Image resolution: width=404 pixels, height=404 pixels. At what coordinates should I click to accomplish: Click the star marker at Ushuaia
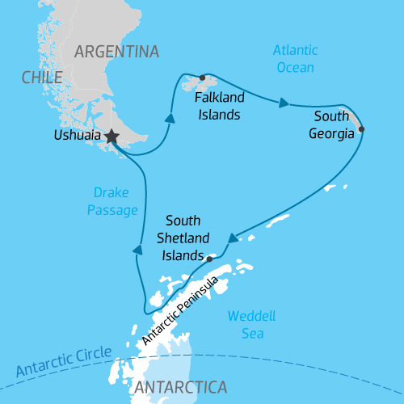(111, 137)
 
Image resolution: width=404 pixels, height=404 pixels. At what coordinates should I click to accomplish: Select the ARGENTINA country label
(116, 52)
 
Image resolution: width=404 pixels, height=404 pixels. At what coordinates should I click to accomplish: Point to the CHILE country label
(41, 78)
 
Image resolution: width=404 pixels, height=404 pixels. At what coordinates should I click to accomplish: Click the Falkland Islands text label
(217, 105)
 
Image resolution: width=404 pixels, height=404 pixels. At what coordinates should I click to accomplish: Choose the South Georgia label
(331, 126)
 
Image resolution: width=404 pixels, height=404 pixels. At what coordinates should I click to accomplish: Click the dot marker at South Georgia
(361, 129)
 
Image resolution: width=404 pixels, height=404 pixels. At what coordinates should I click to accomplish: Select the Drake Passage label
(112, 200)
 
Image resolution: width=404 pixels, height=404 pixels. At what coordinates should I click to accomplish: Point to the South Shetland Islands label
(187, 238)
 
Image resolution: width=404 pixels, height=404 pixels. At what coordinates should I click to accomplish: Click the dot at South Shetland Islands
(209, 259)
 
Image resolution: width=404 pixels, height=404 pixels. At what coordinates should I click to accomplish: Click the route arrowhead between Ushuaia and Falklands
(170, 118)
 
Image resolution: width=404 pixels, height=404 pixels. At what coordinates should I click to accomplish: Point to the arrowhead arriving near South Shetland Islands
(232, 238)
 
